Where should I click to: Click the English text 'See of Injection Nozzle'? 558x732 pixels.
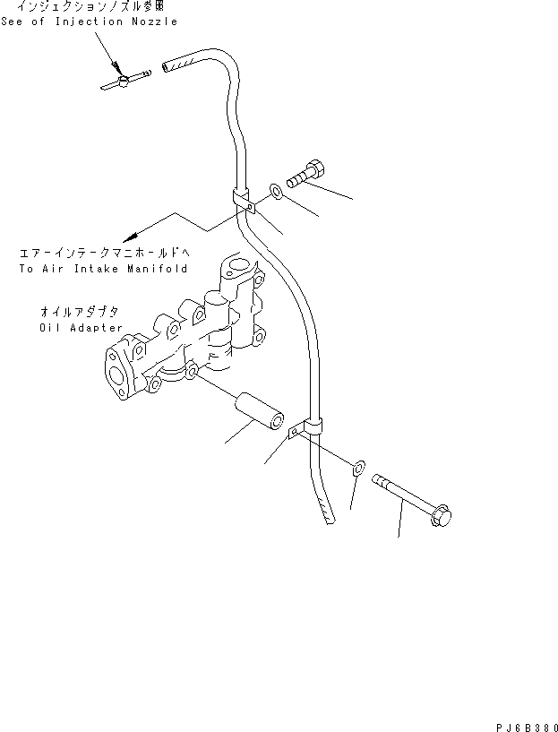tap(89, 22)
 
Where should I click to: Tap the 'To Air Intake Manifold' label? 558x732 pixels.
tap(102, 269)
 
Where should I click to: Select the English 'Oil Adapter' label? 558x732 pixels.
tap(81, 328)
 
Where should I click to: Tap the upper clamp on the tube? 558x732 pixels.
tap(243, 201)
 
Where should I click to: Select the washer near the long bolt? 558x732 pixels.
tap(358, 467)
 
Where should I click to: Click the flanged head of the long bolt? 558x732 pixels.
tap(442, 515)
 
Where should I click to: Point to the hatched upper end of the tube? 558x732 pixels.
tap(178, 65)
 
